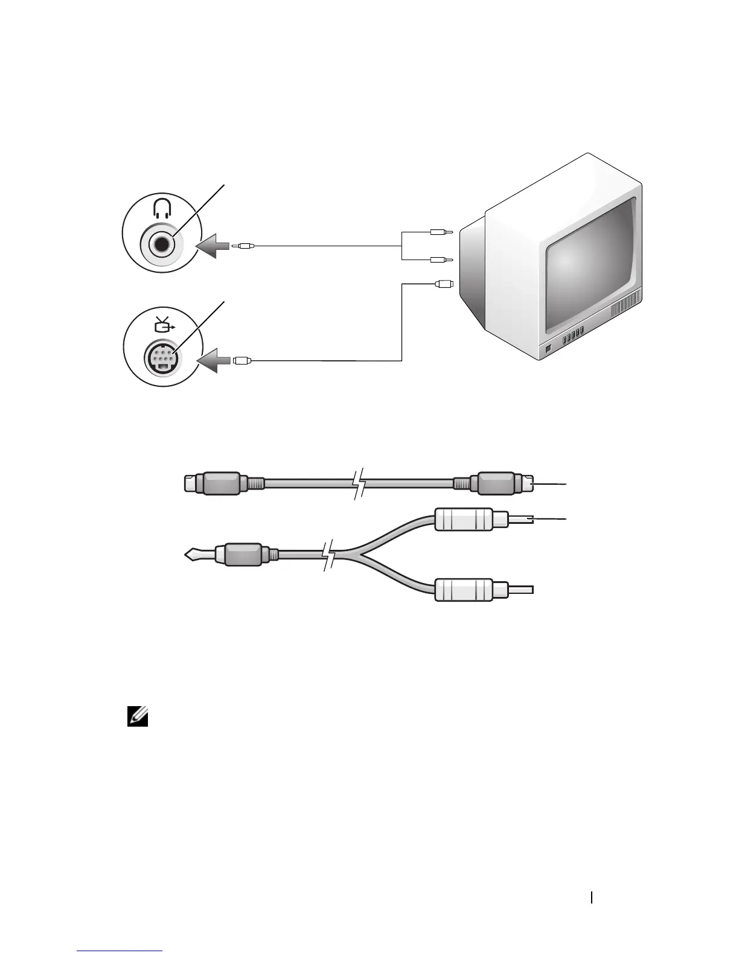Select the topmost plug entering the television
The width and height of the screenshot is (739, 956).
click(442, 231)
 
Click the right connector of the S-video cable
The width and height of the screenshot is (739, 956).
click(503, 483)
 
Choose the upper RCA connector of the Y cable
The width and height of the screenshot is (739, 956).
click(471, 520)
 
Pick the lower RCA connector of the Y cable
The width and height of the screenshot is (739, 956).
click(471, 590)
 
